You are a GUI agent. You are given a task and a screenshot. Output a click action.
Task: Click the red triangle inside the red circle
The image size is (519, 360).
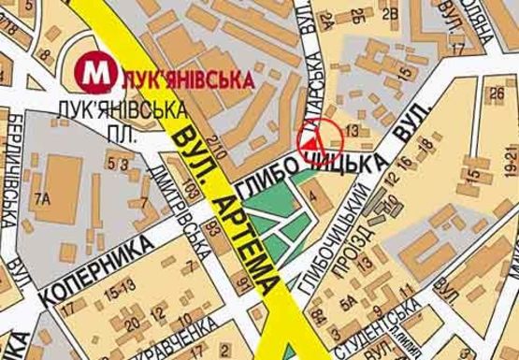tap(312, 141)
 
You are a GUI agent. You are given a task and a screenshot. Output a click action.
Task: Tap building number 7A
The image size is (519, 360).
tap(41, 198)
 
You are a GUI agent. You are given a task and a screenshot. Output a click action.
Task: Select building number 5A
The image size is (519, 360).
tap(347, 301)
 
